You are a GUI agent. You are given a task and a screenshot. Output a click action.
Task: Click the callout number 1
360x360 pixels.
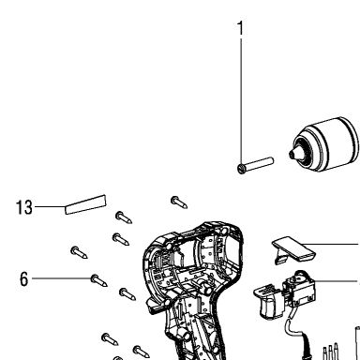pyautogui.click(x=240, y=28)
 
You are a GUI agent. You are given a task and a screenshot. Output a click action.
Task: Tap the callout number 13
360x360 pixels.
pyautogui.click(x=24, y=207)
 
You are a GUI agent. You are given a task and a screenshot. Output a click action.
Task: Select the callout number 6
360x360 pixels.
pyautogui.click(x=24, y=278)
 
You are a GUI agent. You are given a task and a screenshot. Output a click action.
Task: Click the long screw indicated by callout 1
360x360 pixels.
pyautogui.click(x=255, y=165)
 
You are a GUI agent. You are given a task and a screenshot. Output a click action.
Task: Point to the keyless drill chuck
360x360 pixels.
pyautogui.click(x=323, y=144)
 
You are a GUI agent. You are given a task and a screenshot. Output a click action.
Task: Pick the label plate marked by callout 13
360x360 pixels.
pyautogui.click(x=85, y=204)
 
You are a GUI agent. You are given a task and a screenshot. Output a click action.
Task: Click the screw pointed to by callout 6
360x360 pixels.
pyautogui.click(x=99, y=280)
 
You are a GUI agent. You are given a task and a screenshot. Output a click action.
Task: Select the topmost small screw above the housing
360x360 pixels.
pyautogui.click(x=179, y=202)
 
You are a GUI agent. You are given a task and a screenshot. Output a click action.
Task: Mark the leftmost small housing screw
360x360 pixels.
pyautogui.click(x=79, y=252)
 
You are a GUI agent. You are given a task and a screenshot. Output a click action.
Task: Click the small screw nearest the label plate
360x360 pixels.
pyautogui.click(x=124, y=217)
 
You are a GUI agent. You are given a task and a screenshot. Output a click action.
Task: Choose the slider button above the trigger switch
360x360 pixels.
pyautogui.click(x=292, y=250)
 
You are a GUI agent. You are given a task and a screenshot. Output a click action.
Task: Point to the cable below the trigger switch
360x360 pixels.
pyautogui.click(x=297, y=336)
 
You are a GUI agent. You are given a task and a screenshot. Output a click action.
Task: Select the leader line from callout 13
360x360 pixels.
pyautogui.click(x=50, y=206)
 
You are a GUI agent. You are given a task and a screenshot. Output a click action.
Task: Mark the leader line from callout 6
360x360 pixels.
pyautogui.click(x=62, y=278)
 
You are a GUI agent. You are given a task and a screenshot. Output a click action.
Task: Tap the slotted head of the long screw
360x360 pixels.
pyautogui.click(x=241, y=169)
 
